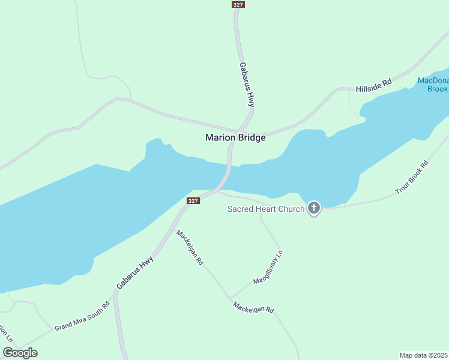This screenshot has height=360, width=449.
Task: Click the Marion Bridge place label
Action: [235, 137]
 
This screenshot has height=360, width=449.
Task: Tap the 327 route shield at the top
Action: [237, 4]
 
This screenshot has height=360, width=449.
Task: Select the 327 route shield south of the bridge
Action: [193, 200]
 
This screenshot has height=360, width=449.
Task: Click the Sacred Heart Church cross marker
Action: [313, 209]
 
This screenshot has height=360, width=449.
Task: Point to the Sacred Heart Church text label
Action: [266, 209]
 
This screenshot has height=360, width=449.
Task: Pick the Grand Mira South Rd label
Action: [82, 316]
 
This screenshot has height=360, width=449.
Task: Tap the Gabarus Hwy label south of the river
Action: [135, 272]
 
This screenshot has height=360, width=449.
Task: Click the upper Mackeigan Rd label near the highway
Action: [190, 247]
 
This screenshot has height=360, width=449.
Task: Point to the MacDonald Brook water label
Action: [433, 85]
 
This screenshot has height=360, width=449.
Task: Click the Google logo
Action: [20, 353]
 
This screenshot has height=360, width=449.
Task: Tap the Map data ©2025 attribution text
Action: [424, 355]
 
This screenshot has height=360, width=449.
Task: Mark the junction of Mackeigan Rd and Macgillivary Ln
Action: [230, 298]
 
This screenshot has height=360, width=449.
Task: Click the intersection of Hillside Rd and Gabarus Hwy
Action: [240, 130]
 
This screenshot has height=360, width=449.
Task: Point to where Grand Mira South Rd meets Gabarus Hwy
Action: [113, 293]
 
